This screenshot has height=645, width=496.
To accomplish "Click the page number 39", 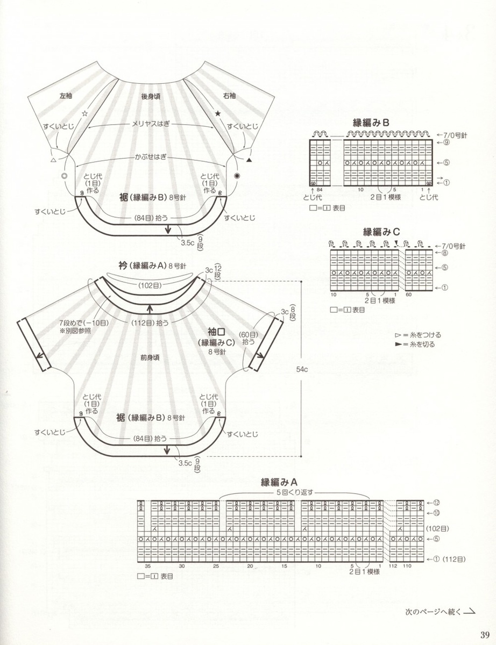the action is click(485, 633).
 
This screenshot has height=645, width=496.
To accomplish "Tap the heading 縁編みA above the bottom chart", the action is click(279, 481).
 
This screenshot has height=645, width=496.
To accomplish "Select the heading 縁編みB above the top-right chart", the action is click(371, 123).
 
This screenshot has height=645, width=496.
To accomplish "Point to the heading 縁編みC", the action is click(381, 232).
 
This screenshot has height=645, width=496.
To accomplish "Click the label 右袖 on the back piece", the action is click(229, 96).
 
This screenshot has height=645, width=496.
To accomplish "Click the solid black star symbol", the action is click(218, 114).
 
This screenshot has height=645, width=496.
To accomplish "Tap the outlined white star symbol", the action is click(84, 114).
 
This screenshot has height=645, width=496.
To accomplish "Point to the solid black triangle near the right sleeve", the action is click(249, 160).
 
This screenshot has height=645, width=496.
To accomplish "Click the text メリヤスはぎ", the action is click(151, 123).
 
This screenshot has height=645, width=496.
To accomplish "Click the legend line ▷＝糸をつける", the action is click(414, 335).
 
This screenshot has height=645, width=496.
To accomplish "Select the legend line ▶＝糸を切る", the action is click(414, 345).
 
